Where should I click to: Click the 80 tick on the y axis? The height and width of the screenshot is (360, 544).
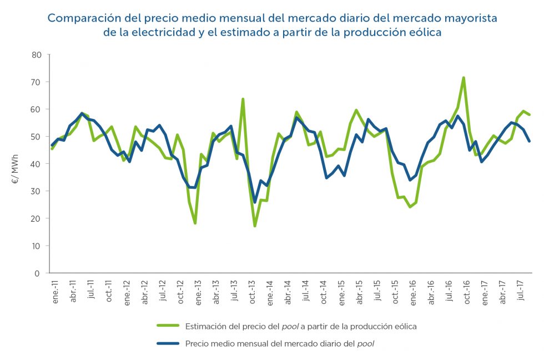coord(37,54)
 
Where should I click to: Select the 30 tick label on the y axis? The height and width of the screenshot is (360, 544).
coord(37,191)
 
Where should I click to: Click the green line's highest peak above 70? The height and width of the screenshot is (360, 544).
coord(464,78)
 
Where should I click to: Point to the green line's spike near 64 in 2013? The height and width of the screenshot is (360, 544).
coord(243,99)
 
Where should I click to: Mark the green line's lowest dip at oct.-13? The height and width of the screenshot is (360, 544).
coord(255,226)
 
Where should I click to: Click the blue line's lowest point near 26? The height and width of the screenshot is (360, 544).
coord(255,202)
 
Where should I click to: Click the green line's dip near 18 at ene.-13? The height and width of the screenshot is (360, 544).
coord(195,223)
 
